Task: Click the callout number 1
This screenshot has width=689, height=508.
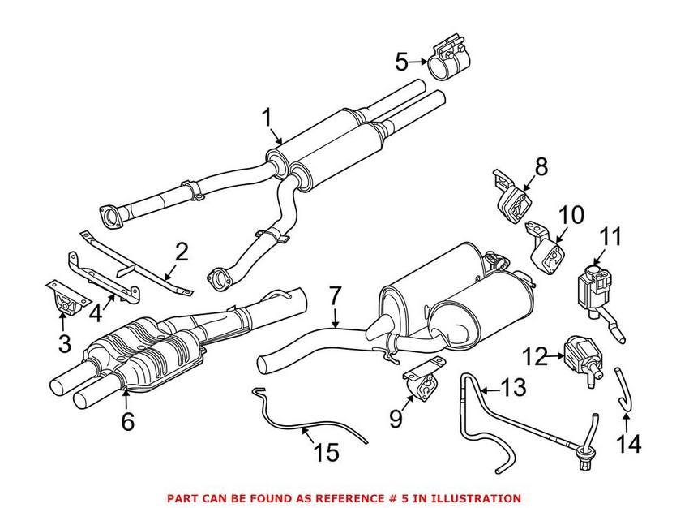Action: (x=267, y=118)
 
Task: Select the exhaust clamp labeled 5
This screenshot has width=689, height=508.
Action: (x=450, y=59)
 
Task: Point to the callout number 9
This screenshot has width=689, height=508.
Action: (x=396, y=418)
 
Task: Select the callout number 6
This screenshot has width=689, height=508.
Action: (x=126, y=421)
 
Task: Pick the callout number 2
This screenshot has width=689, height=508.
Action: (x=181, y=251)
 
